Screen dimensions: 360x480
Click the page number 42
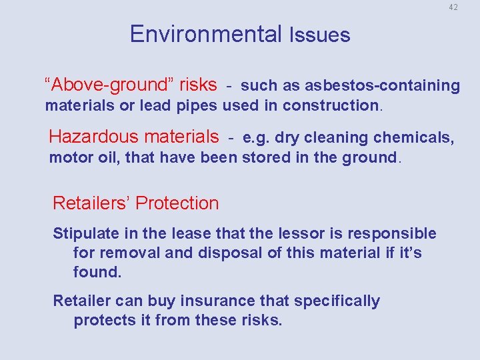click(453, 7)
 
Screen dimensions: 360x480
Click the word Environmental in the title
click(206, 34)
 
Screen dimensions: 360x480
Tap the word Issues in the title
click(319, 35)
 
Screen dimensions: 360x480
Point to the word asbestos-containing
click(382, 85)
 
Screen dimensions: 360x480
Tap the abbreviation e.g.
click(257, 138)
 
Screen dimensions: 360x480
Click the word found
click(97, 273)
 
